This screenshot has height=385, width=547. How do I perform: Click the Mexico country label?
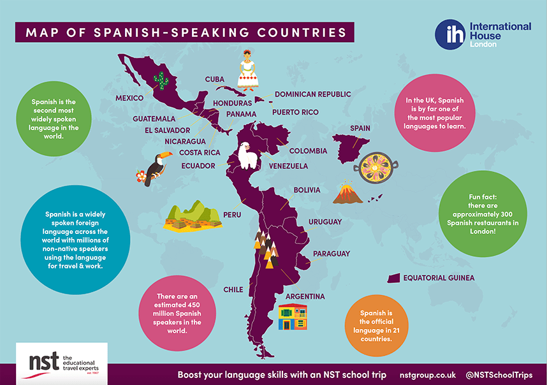pos(129,99)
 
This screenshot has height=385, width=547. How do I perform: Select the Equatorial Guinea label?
pos(439,278)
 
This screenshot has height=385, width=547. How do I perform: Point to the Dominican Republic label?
pos(312,94)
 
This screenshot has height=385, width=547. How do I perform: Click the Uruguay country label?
pos(325,222)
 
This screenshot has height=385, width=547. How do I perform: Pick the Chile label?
pos(233,289)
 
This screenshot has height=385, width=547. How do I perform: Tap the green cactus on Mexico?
pos(163,81)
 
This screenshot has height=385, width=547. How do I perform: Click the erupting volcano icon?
pos(348,192)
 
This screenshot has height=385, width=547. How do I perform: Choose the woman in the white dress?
pos(248,71)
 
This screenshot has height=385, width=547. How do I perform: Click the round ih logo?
pos(450,34)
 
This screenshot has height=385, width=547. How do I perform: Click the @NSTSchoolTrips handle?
pos(499,375)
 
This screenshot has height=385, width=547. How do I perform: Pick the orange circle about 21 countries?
pos(376,326)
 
